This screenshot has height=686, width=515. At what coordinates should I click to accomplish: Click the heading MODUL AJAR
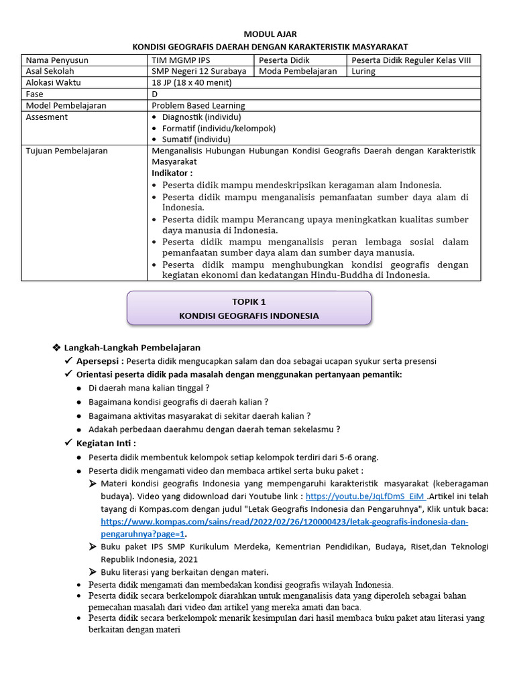[270, 34]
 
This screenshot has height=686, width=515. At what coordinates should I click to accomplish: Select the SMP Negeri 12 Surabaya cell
[198, 71]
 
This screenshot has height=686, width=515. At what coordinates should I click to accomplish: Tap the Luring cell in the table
[364, 71]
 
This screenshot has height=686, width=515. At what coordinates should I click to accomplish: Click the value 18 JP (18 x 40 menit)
[191, 82]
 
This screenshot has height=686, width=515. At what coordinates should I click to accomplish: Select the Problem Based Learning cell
[198, 105]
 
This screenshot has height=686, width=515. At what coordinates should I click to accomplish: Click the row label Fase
[34, 94]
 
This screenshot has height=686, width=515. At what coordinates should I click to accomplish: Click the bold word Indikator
[172, 173]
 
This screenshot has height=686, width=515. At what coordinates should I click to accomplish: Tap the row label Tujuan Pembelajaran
[66, 151]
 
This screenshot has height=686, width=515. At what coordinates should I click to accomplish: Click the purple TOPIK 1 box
[249, 308]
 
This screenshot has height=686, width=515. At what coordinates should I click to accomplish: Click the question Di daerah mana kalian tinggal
[149, 388]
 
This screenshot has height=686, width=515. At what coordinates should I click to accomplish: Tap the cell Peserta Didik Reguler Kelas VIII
[416, 60]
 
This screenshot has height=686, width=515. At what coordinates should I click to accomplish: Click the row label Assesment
[46, 117]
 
